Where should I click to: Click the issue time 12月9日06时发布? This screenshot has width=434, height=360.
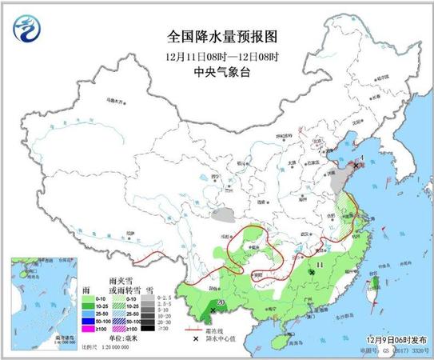pos(389,340)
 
